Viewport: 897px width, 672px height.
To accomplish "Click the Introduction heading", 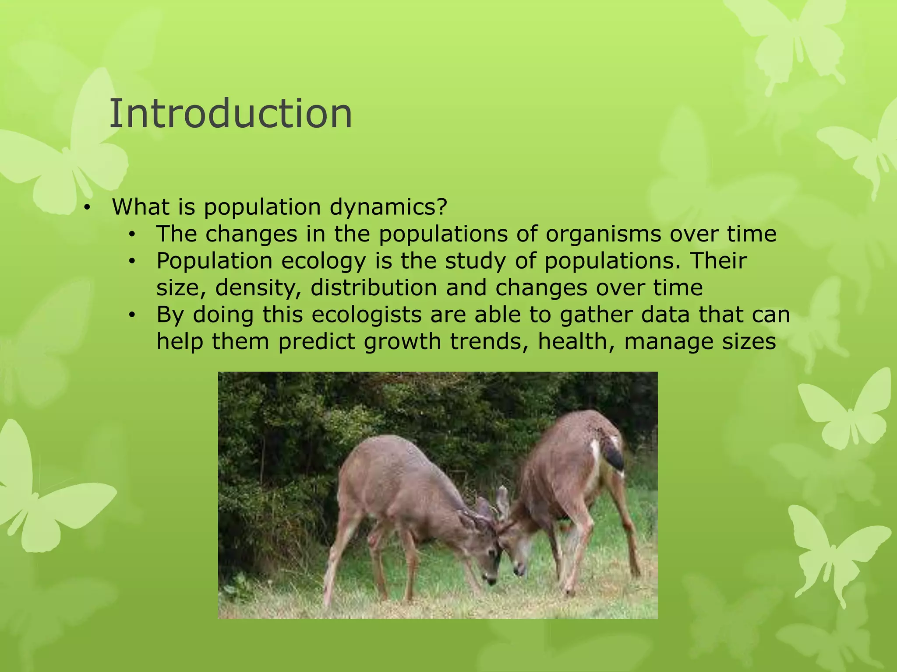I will [x=230, y=114].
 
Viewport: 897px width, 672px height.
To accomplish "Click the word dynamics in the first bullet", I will [x=388, y=207].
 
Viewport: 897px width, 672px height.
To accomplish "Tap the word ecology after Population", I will [x=323, y=261].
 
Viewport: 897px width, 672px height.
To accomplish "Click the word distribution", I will [x=374, y=288].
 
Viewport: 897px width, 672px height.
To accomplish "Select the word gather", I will [x=596, y=315].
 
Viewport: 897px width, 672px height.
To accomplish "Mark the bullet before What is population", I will [x=87, y=208].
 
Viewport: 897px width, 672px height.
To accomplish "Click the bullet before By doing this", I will [x=132, y=315].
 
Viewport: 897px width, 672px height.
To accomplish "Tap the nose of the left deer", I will [x=490, y=580].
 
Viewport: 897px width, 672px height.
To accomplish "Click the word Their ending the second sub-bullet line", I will [x=718, y=261].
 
